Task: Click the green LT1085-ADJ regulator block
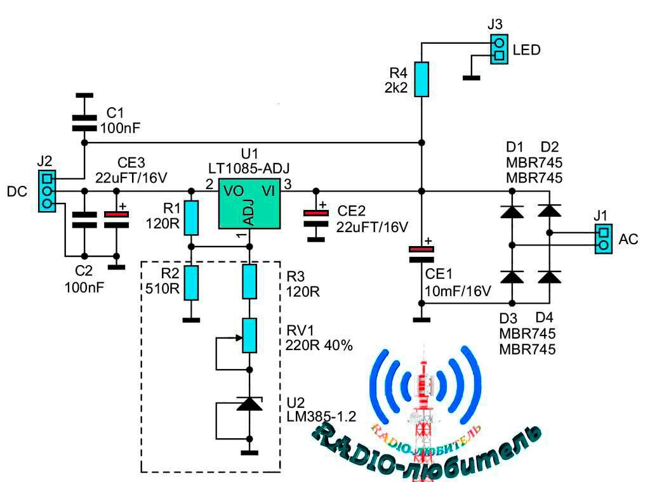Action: pyautogui.click(x=249, y=204)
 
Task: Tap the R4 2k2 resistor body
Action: pyautogui.click(x=421, y=79)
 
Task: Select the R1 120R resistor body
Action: pyautogui.click(x=191, y=218)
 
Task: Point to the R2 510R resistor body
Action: pyautogui.click(x=191, y=283)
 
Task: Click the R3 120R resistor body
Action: pyautogui.click(x=249, y=282)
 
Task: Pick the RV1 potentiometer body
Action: pyautogui.click(x=249, y=335)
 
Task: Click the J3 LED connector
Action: pyautogui.click(x=499, y=49)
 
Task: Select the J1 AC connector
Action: pyautogui.click(x=604, y=239)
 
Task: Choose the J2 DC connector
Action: pyautogui.click(x=47, y=192)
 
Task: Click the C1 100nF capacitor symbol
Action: pyautogui.click(x=84, y=123)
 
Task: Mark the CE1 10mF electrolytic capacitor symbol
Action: pyautogui.click(x=421, y=255)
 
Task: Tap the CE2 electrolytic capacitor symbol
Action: pyautogui.click(x=316, y=218)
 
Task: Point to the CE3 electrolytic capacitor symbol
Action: pyautogui.click(x=117, y=219)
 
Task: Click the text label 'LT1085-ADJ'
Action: pyautogui.click(x=249, y=169)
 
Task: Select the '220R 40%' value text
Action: pyautogui.click(x=319, y=345)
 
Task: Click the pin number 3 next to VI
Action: pyautogui.click(x=288, y=184)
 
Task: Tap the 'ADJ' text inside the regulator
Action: pyautogui.click(x=248, y=211)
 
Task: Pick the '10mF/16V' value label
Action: pyautogui.click(x=458, y=291)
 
